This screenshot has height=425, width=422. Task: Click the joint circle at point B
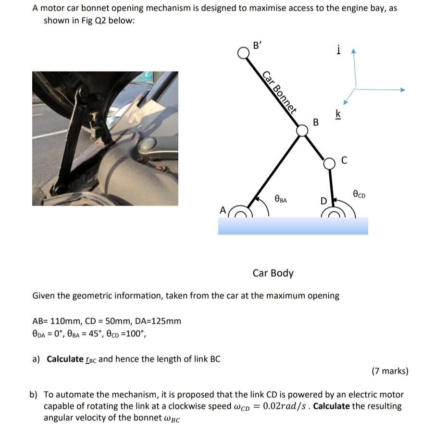pos(302,131)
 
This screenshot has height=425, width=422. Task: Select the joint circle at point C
pos(329,163)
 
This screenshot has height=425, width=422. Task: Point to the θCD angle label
pos(359,194)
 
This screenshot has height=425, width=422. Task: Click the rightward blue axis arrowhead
pos(403,89)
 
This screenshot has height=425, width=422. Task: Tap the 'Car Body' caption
pos(273,273)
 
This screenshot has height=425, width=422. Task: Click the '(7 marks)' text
pos(390,371)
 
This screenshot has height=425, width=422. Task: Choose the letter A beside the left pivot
pos(222,210)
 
